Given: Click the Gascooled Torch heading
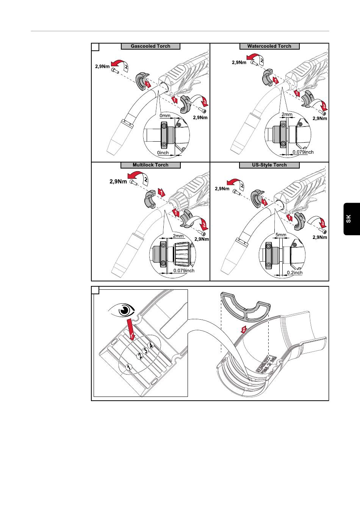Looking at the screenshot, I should (x=150, y=46).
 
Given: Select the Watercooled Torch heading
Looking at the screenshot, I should (x=269, y=46).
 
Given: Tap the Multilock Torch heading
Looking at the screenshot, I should (x=150, y=165).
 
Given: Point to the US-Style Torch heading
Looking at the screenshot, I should (x=269, y=165).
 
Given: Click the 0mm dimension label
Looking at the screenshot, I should (x=165, y=115).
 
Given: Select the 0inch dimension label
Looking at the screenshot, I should (x=163, y=153).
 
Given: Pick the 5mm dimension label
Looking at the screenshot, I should (x=281, y=235).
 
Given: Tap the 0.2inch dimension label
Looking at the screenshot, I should (x=294, y=273).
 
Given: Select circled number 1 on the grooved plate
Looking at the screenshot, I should (x=129, y=367).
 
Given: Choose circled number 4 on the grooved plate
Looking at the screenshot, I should (x=151, y=345).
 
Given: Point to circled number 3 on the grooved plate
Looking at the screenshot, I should (x=145, y=351).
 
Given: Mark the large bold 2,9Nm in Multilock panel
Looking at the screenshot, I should (x=118, y=181).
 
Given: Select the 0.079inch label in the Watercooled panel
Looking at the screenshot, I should (x=303, y=152).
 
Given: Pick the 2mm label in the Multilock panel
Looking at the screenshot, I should (x=178, y=236).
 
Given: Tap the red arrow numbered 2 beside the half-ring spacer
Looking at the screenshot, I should (x=244, y=329).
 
